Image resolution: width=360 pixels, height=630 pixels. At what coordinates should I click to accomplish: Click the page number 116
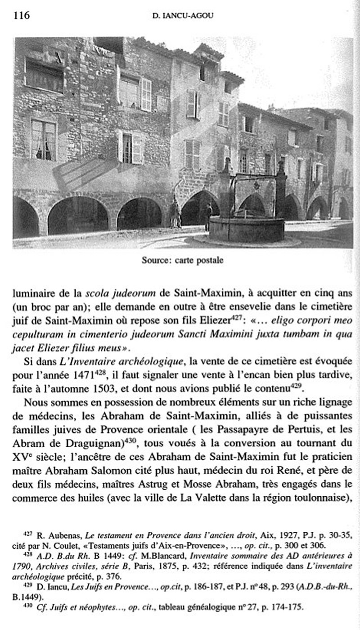pos(22,15)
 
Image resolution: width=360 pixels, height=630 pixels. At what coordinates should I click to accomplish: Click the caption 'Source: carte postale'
pos(182,260)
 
